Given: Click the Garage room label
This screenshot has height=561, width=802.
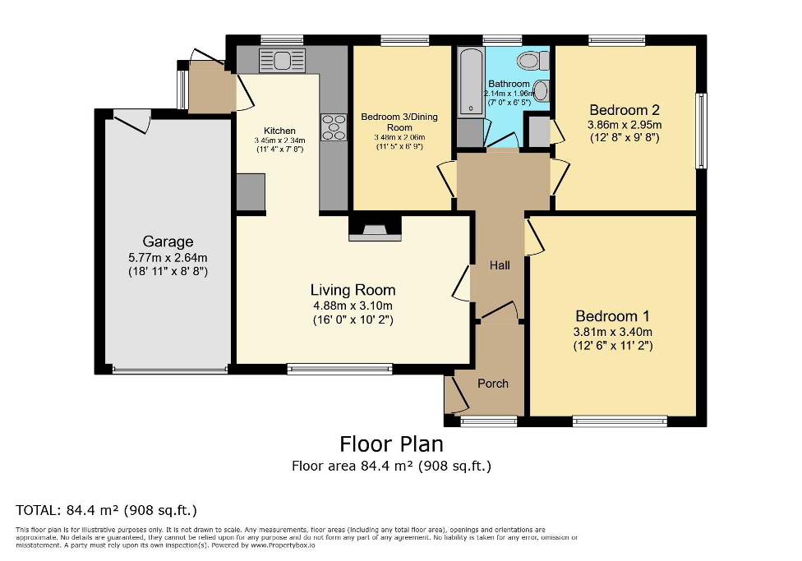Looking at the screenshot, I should [x=168, y=241].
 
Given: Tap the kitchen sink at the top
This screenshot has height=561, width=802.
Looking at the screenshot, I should [x=282, y=60].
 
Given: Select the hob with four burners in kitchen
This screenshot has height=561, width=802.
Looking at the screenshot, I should [x=334, y=127].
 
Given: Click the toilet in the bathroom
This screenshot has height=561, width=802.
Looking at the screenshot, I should [x=535, y=60].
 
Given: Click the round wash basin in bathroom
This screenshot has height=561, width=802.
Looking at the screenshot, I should [x=542, y=90].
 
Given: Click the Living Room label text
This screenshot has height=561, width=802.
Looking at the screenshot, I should [x=353, y=290].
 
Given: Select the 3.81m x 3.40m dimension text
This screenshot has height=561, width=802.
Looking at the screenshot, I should [x=613, y=332].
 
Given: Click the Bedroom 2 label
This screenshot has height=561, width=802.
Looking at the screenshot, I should [x=625, y=110].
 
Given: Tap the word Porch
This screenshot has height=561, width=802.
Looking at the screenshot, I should [x=493, y=384].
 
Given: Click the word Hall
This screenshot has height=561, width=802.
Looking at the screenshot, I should [x=500, y=265].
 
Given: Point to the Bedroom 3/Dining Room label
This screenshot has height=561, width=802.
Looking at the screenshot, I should [x=399, y=122].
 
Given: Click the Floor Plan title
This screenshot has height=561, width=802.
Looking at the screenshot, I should [x=391, y=444].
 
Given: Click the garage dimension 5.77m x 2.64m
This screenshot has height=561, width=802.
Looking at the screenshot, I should [x=168, y=257].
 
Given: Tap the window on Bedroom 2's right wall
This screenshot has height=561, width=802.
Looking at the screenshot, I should [x=701, y=131].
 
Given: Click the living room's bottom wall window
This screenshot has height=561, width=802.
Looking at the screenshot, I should [x=339, y=370].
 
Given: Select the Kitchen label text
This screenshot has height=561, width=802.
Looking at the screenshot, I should [x=279, y=131].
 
